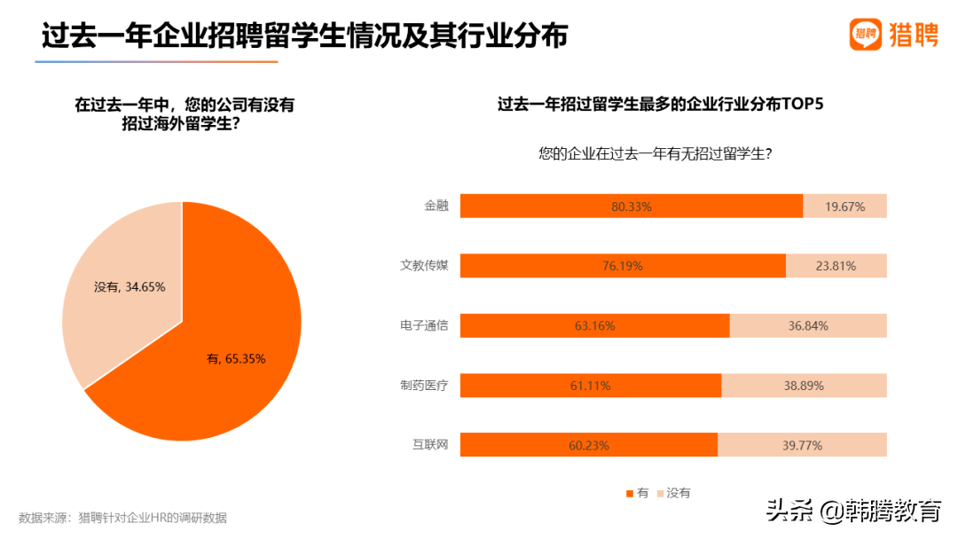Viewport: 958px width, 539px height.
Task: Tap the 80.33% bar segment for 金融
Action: coord(632,207)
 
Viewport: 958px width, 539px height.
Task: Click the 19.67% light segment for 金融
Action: coord(844,207)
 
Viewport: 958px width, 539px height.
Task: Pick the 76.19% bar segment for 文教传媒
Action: coord(623,266)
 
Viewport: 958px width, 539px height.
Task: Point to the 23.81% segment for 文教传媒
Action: coord(836,266)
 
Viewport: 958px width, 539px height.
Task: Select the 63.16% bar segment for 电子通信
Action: coord(594,325)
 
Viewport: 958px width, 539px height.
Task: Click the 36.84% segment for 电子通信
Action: coord(807,325)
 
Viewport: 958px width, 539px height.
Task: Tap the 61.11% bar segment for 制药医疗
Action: coord(591,386)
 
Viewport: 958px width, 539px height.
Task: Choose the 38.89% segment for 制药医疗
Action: coord(804,386)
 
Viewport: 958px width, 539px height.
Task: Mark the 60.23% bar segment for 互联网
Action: coord(588,445)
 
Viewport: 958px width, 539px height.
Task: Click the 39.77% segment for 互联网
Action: coord(802,445)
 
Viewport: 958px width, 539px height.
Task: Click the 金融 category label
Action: coord(436,206)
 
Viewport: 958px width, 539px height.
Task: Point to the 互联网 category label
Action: coord(430,444)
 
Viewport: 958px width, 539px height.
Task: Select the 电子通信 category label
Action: coord(424,325)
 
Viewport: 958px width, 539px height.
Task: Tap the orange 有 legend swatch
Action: coord(629,493)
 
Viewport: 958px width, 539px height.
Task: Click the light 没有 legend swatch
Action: coord(660,493)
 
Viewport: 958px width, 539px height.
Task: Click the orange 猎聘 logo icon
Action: coord(866,35)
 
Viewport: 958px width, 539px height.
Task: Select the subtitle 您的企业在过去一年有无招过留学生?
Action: coord(655,153)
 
